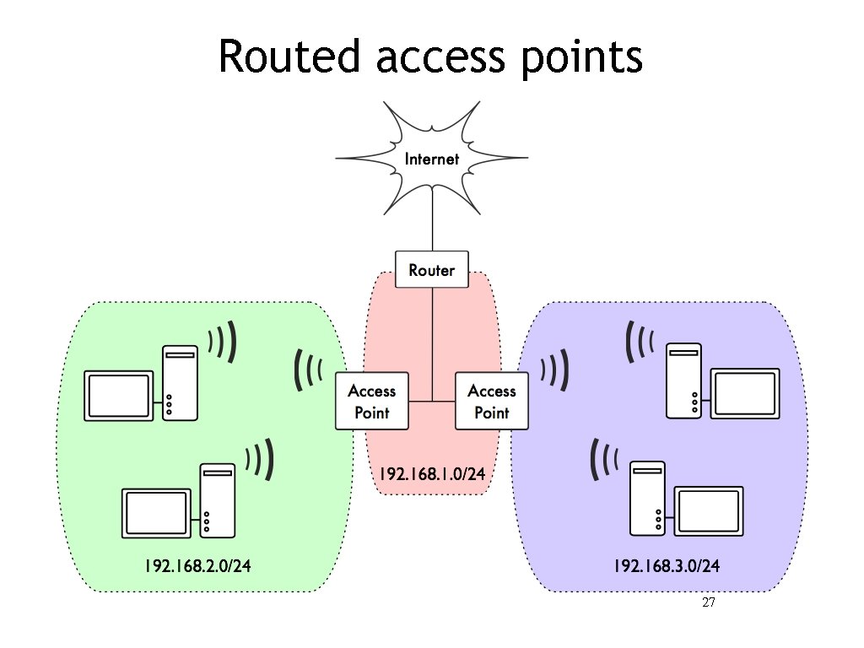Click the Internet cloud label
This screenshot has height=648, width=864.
pyautogui.click(x=432, y=159)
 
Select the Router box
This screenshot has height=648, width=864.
pyautogui.click(x=431, y=270)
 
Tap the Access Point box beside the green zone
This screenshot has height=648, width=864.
pyautogui.click(x=372, y=402)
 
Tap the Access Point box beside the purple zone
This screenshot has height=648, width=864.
pyautogui.click(x=492, y=402)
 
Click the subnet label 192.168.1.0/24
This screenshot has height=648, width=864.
pyautogui.click(x=432, y=474)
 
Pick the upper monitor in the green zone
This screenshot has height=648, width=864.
pyautogui.click(x=119, y=395)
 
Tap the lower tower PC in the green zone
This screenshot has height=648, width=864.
pyautogui.click(x=216, y=501)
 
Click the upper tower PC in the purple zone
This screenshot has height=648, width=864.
pyautogui.click(x=683, y=381)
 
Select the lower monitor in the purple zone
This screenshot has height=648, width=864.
pyautogui.click(x=710, y=510)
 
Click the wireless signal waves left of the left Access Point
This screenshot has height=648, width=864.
pyautogui.click(x=309, y=371)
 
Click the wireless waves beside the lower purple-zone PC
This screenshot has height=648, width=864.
pyautogui.click(x=605, y=460)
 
